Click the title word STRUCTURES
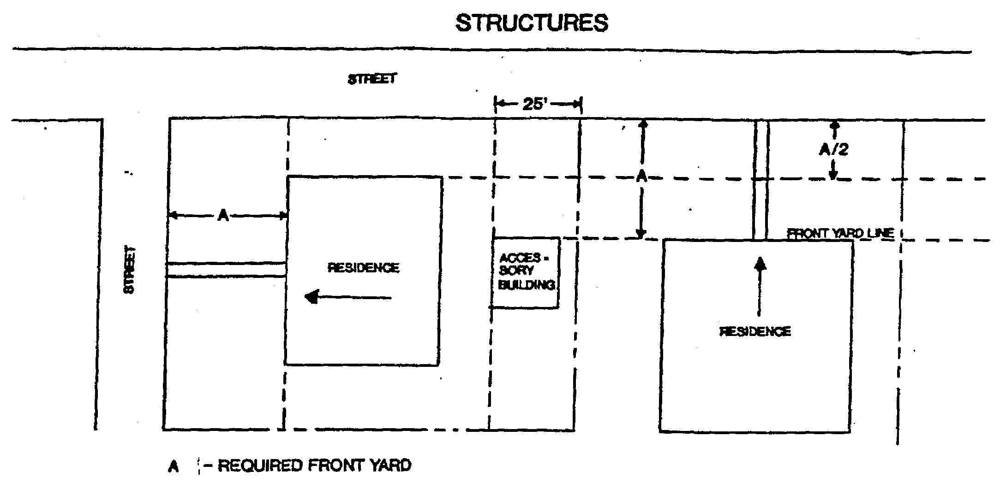coord(532,23)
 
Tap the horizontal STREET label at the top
coord(372,79)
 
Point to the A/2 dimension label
coord(833,149)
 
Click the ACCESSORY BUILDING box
coord(526,273)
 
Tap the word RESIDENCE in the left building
coord(363,268)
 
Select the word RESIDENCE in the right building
coord(755,331)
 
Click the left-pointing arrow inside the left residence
coord(348,297)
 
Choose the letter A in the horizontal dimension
coord(223,215)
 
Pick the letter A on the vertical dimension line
coord(641,176)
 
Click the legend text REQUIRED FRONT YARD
coord(314,465)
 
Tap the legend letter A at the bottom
coord(173,467)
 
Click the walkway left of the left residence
coord(226,270)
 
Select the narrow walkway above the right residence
coord(760,180)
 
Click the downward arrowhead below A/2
coord(833,176)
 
